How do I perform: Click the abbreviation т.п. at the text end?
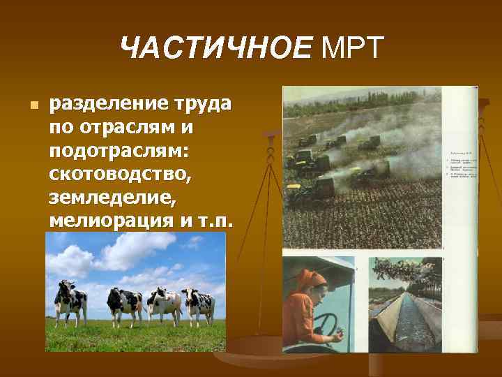pyautogui.click(x=217, y=221)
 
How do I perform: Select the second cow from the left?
pyautogui.click(x=125, y=304)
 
